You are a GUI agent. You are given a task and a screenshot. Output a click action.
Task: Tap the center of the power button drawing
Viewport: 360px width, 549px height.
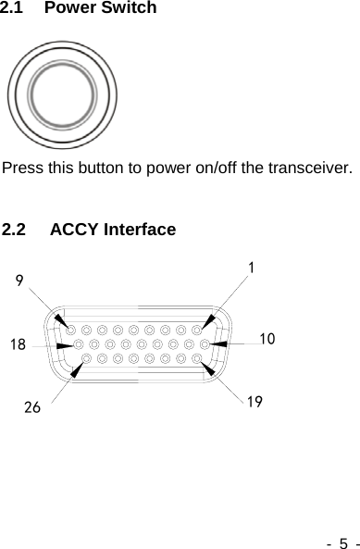(63, 94)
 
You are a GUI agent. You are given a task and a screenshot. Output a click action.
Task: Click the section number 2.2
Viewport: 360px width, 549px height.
(16, 229)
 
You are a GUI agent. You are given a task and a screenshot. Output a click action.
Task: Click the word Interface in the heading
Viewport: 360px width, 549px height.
(139, 229)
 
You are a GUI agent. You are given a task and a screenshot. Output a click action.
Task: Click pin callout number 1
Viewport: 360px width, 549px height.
(252, 268)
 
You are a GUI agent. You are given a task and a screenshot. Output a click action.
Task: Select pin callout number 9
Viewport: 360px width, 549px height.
(19, 278)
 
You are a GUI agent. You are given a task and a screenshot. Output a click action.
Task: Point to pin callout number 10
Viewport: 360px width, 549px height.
(267, 340)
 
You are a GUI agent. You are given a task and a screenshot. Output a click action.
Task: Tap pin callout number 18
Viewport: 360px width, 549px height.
(18, 345)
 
